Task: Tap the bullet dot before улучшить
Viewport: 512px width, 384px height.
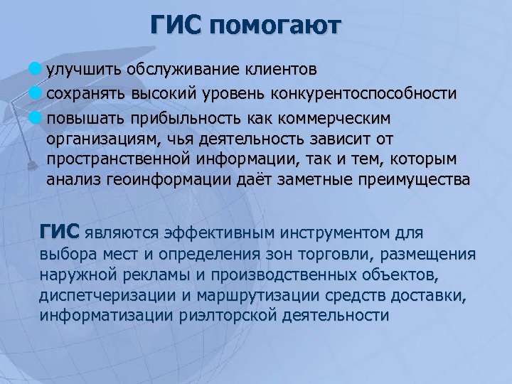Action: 37,70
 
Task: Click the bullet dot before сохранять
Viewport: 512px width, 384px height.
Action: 37,93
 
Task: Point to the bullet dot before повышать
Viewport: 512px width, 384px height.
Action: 37,116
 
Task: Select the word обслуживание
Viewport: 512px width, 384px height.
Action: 174,70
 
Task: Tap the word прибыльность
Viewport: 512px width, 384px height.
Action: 169,116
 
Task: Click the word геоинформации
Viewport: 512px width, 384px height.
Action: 177,181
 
